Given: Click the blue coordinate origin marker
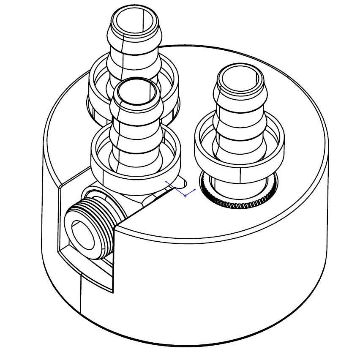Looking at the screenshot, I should [x=185, y=196].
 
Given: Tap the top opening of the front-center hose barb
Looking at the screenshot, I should [x=136, y=93].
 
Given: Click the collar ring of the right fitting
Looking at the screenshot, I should [x=239, y=169].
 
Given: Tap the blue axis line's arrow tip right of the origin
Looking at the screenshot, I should [x=195, y=190].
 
